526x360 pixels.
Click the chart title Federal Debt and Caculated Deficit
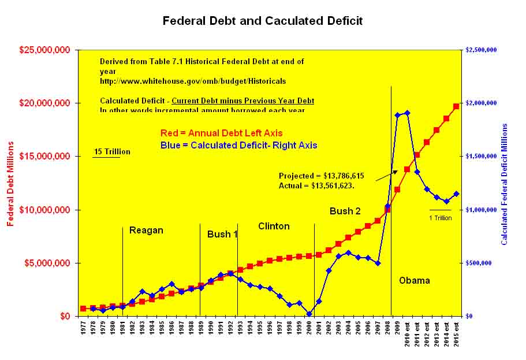[x=263, y=21]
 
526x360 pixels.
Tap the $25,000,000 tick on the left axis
[x=45, y=50]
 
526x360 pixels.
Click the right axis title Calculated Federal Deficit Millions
[x=504, y=183]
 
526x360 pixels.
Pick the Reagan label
[x=146, y=231]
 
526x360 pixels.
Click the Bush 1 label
[x=222, y=235]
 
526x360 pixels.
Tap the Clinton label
[x=274, y=226]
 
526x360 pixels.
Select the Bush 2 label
[x=345, y=211]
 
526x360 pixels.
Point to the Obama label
[x=415, y=281]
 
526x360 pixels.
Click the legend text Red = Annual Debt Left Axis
[x=229, y=133]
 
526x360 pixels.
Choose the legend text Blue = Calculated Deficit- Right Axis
[x=237, y=146]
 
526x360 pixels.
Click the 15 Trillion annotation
[x=112, y=152]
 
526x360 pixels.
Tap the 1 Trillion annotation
[x=441, y=218]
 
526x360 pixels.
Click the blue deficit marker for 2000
[x=309, y=314]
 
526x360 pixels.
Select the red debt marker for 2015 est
[x=456, y=106]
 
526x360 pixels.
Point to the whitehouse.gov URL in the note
[x=193, y=81]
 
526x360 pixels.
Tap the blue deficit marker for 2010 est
[x=407, y=113]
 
